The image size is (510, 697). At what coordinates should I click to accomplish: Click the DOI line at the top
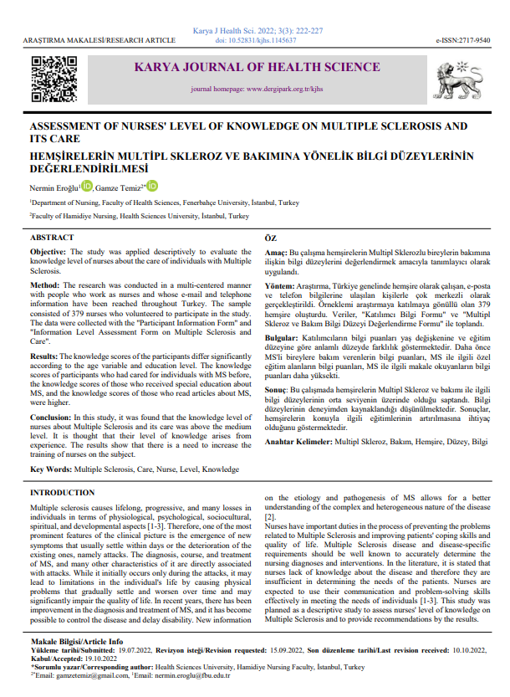tap(254, 39)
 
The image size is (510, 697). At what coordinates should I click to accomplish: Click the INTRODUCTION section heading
tap(62, 494)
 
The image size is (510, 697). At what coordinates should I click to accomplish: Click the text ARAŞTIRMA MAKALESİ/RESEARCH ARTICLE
tap(89, 40)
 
